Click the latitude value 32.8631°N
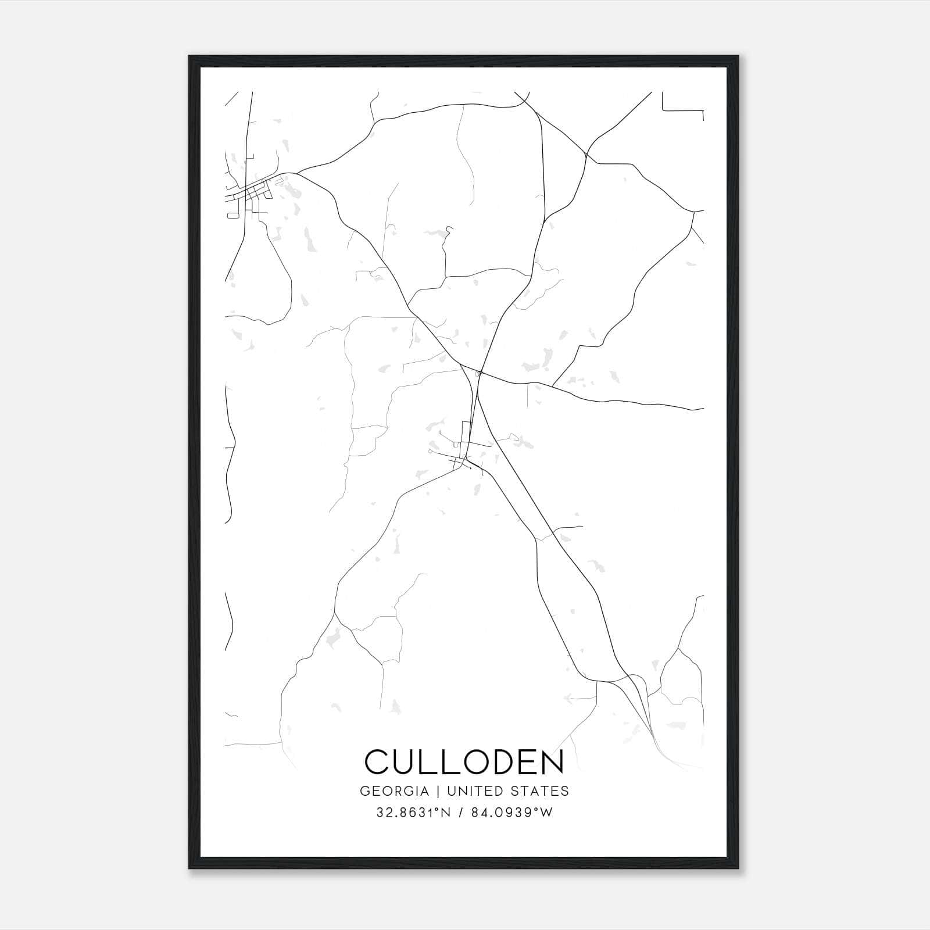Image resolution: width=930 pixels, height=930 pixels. pyautogui.click(x=413, y=813)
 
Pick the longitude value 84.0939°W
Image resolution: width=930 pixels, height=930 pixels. pyautogui.click(x=512, y=813)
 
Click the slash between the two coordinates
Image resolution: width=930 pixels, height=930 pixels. pyautogui.click(x=460, y=813)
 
